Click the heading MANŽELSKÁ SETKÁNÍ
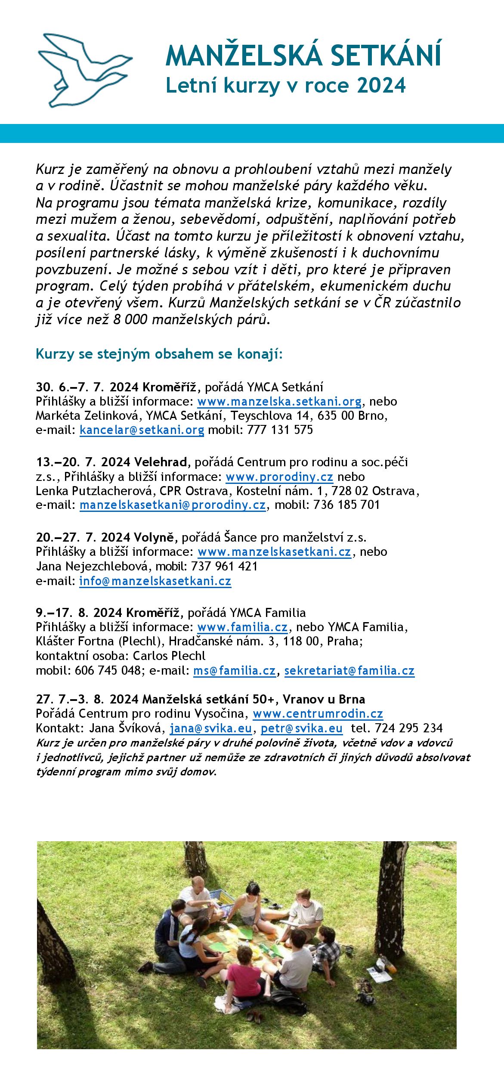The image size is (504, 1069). [x=303, y=55]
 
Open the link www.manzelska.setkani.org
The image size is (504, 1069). [x=279, y=402]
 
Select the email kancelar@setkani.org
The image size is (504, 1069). [x=142, y=430]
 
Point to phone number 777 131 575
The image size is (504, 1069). [x=280, y=430]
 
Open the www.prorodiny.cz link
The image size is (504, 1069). [x=279, y=477]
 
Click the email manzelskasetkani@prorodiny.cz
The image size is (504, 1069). [x=173, y=505]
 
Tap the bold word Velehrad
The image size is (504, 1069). [x=161, y=462]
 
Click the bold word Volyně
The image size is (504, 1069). [x=154, y=538]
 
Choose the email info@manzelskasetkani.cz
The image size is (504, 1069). [x=155, y=581]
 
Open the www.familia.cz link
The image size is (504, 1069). [x=242, y=627]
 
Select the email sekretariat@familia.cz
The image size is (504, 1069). [x=349, y=671]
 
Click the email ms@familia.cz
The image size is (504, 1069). [x=234, y=671]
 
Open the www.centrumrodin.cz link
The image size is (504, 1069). [x=318, y=714]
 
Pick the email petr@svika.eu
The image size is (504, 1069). [x=301, y=728]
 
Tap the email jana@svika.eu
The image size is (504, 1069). [x=210, y=728]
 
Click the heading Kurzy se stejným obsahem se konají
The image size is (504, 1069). [x=159, y=354]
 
